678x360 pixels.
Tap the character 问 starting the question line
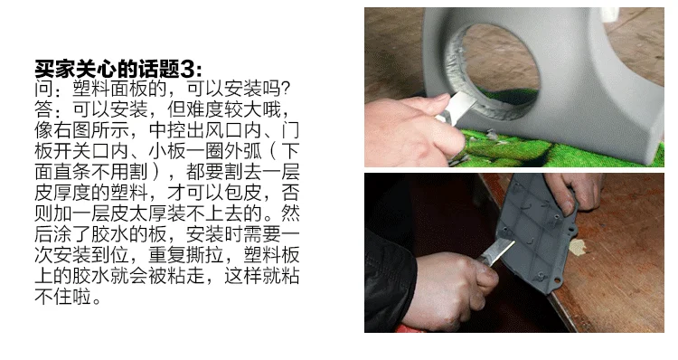point(43,89)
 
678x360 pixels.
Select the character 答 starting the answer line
point(43,109)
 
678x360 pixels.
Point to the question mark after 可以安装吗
point(284,89)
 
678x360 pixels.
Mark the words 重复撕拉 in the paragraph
point(186,255)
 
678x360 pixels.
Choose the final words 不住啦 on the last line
point(62,297)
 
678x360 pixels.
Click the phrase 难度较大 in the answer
point(224,109)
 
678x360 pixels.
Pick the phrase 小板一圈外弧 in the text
point(205,151)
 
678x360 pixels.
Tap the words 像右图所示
point(81,130)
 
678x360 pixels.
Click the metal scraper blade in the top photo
point(460,104)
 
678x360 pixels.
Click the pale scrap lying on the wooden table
point(578,247)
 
